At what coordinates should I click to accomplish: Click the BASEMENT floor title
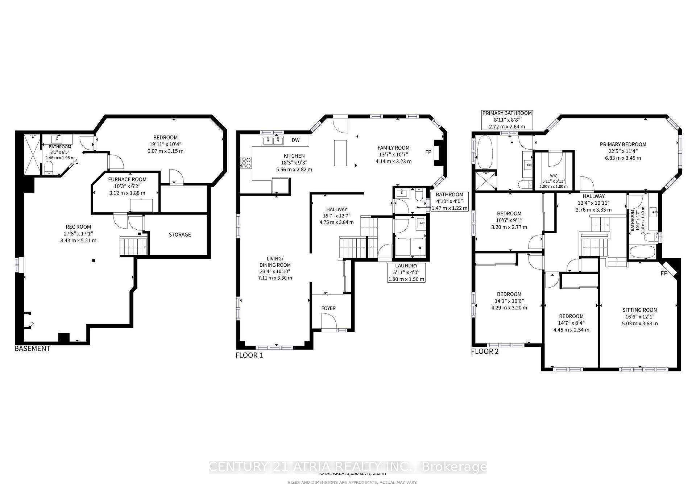tap(32, 349)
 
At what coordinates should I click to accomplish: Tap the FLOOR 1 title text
tap(249, 355)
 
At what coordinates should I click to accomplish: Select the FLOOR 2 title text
tap(485, 351)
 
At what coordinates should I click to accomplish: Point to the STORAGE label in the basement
tap(180, 235)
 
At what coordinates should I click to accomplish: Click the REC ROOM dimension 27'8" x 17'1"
tap(78, 234)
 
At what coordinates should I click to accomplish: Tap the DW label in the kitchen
tap(295, 140)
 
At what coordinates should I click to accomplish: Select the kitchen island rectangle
tap(340, 153)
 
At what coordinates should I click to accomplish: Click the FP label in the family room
tap(428, 152)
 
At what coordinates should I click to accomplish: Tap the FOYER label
tap(328, 308)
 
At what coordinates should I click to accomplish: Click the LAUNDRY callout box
tap(406, 272)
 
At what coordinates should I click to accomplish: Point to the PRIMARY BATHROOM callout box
tap(507, 120)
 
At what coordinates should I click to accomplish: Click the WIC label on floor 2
tap(553, 176)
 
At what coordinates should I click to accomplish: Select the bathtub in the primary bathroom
tap(484, 152)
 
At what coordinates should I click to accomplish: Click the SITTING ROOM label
tap(640, 310)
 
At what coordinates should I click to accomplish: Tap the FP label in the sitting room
tap(664, 274)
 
